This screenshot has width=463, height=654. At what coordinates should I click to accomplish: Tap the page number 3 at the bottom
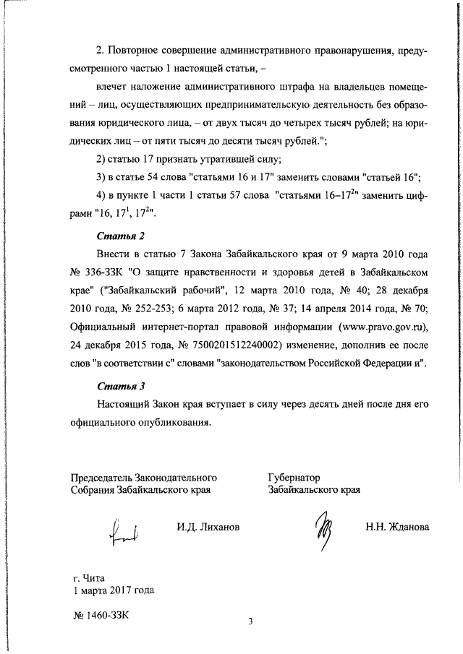(x=250, y=621)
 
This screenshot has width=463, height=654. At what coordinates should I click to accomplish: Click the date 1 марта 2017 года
(x=114, y=589)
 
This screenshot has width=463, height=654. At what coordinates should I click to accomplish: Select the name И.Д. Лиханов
(x=208, y=527)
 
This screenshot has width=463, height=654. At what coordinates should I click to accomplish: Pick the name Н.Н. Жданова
(x=397, y=527)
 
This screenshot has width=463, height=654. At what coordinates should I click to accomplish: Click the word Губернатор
(x=294, y=477)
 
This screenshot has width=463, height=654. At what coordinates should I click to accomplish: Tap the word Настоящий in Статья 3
(x=123, y=405)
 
